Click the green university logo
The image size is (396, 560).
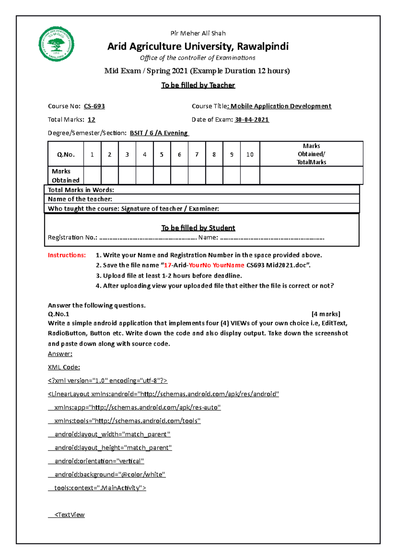tap(56, 44)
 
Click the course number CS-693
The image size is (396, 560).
tap(94, 106)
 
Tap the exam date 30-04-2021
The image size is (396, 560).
tap(252, 120)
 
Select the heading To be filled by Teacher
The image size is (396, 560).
tap(198, 85)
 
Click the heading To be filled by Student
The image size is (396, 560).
tap(198, 228)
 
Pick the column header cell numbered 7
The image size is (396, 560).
tap(197, 154)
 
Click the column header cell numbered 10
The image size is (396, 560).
tap(250, 154)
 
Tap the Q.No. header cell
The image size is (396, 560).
tap(66, 154)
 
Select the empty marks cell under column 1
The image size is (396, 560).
tap(92, 175)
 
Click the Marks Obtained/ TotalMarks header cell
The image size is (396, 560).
tap(311, 154)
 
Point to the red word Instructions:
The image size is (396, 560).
tap(67, 255)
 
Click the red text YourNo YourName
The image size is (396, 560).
tap(216, 265)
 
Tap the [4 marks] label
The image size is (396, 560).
tap(326, 314)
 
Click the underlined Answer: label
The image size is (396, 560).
tap(60, 354)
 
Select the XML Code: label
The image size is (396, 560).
tap(64, 367)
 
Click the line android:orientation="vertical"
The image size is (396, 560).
tap(99, 461)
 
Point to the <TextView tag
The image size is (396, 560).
tap(69, 515)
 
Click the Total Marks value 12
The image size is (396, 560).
tap(91, 120)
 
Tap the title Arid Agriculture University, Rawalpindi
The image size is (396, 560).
tap(198, 47)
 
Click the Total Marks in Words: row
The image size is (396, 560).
tap(201, 190)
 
